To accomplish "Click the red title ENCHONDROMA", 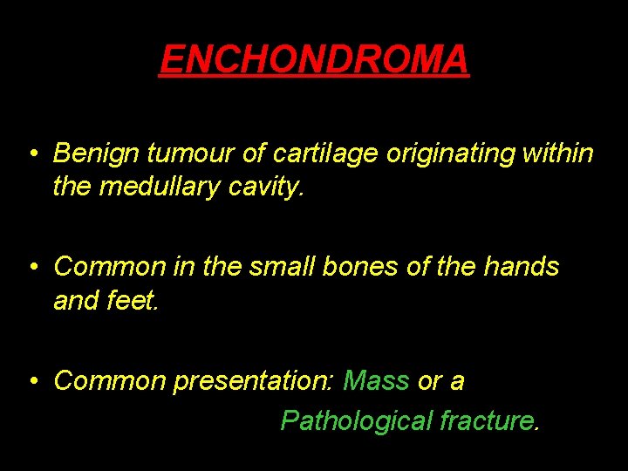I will coord(314,59).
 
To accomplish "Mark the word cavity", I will coord(269,186).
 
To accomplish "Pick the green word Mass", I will coord(376,380).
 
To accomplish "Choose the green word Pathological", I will coord(356,421).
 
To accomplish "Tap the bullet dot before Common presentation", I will coord(31,382).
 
